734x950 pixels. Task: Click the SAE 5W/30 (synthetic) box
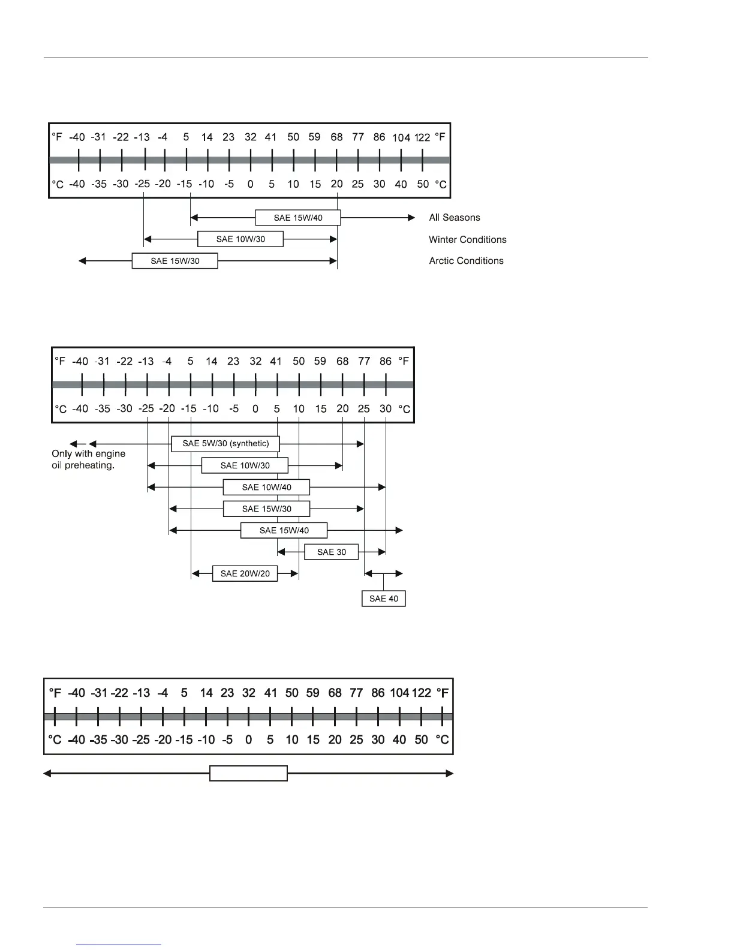coord(225,444)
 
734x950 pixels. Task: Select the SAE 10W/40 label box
coord(266,487)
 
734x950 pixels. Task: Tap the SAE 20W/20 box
coord(245,573)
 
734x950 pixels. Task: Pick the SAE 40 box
coord(384,599)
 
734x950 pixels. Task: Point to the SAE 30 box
coord(331,552)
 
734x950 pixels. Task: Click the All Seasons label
coord(455,218)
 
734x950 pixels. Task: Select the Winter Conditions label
coord(468,239)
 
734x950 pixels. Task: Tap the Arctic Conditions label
coord(466,261)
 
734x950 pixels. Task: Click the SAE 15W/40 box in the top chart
coord(298,218)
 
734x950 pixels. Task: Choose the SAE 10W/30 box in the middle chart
coord(245,465)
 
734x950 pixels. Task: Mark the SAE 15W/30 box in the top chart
coord(175,261)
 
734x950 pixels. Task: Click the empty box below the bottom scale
coord(248,774)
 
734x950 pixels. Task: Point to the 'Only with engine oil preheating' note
coord(88,459)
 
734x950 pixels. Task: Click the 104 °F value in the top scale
coord(401,137)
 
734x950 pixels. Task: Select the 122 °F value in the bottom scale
coord(422,693)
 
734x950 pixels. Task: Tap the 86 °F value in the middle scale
coord(386,361)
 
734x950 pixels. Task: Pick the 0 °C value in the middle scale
coord(255,408)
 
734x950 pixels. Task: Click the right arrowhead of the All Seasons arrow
coord(411,218)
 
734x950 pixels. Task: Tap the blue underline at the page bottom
coord(119,945)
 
